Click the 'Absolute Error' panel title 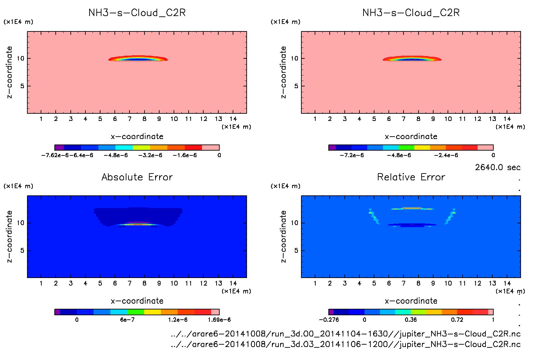click(x=137, y=177)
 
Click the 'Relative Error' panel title click(x=411, y=177)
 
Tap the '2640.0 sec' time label click(x=497, y=167)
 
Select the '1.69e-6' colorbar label click(x=219, y=320)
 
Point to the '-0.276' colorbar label click(x=329, y=320)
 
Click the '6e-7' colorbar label click(x=127, y=320)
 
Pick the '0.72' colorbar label click(x=457, y=320)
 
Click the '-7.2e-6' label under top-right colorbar click(x=352, y=155)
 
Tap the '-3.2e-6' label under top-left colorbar click(x=150, y=155)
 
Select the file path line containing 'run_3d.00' click(x=345, y=334)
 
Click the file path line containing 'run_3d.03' click(x=345, y=344)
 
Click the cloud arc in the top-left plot click(x=138, y=58)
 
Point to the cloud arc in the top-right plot click(x=412, y=58)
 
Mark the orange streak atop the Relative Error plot click(x=412, y=208)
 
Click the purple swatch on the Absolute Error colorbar click(x=57, y=312)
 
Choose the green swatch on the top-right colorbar click(x=407, y=148)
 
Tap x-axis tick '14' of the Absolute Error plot click(x=233, y=283)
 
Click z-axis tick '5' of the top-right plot click(x=296, y=86)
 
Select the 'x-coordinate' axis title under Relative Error click(x=411, y=301)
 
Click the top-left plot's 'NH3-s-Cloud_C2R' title click(x=137, y=13)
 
